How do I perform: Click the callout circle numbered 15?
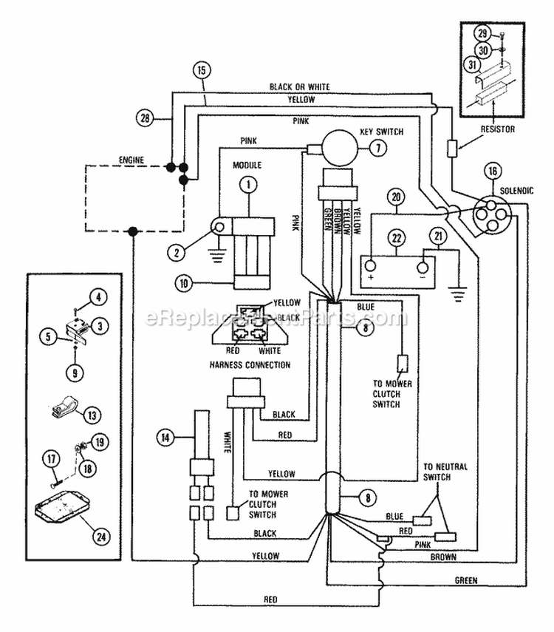coord(202,70)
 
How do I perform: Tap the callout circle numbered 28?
coord(145,118)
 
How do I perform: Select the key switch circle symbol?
coord(340,148)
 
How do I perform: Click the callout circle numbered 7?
coord(378,149)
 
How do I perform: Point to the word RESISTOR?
coord(498,129)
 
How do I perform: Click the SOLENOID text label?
coord(516,191)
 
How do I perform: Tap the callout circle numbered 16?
coord(493,171)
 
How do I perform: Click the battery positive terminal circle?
coord(370,266)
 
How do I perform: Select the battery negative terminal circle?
coord(423,268)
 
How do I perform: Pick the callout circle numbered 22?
coord(397,238)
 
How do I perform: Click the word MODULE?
coord(247,166)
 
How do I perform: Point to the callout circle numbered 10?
coord(184,283)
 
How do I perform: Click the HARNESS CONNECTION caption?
coord(250,365)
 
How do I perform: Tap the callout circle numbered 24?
coord(101,537)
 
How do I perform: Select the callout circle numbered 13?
coord(92,415)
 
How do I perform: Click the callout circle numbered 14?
coord(165,438)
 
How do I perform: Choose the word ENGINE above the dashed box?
coord(131,160)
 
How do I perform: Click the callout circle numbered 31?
coord(472,64)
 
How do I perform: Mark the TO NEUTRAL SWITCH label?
coord(445,472)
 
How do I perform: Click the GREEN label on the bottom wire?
coord(466,580)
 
